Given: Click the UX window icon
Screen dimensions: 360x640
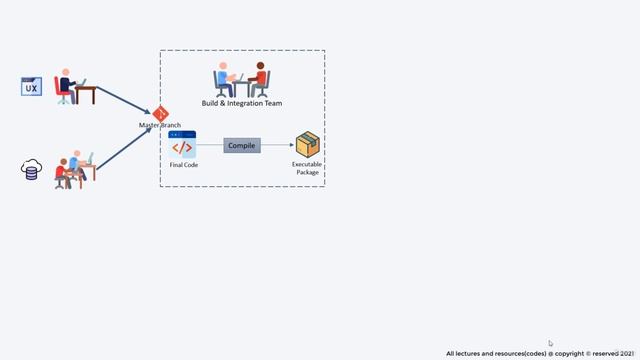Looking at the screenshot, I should point(31,86).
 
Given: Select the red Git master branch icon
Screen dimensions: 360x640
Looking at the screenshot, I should point(160,114).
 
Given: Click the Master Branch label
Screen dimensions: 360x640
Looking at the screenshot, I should point(160,125).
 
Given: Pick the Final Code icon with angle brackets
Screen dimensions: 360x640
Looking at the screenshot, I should point(183,146).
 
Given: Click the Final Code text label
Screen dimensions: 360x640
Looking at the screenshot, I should point(184,165).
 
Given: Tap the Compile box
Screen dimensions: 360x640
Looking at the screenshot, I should point(242,146).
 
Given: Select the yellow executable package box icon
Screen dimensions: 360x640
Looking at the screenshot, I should point(307,146).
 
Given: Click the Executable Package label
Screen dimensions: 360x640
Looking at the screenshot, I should point(307,168).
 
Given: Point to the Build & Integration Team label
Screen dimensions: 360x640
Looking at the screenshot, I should point(242,103).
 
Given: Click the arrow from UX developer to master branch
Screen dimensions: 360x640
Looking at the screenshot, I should point(123,97).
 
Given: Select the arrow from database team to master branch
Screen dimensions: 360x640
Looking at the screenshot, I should point(124,144).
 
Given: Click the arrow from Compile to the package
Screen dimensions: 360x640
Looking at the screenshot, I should point(277,146).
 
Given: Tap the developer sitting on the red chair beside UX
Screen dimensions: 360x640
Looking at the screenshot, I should point(68,87).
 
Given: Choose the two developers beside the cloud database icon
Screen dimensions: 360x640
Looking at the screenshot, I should point(75,169).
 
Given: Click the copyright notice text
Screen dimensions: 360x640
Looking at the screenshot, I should point(540,353).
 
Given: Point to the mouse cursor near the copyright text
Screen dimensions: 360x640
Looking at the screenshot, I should point(550,343).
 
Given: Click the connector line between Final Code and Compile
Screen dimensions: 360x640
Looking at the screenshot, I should point(210,146).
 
